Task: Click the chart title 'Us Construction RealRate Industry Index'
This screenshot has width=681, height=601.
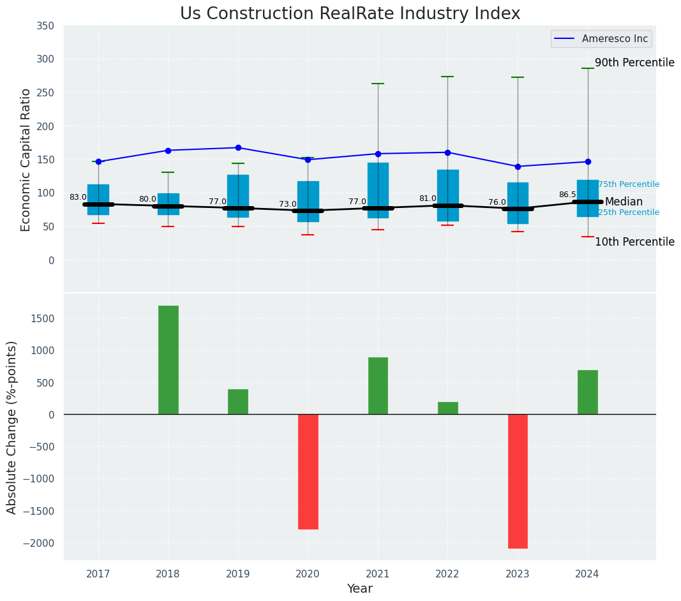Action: click(350, 14)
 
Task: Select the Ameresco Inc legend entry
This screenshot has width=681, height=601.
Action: click(601, 39)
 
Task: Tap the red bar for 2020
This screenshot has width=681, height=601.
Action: click(308, 471)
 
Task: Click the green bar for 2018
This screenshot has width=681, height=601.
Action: click(168, 360)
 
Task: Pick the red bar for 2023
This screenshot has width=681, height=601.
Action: click(518, 481)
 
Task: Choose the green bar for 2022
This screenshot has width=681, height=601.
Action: click(447, 408)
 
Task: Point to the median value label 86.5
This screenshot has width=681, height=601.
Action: click(567, 195)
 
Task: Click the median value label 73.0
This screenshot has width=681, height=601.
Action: click(287, 204)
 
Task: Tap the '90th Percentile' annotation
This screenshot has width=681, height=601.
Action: click(634, 63)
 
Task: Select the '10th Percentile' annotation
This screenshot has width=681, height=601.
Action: click(634, 242)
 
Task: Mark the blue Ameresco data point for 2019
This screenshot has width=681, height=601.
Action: click(238, 147)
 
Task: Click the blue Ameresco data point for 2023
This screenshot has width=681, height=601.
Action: click(518, 167)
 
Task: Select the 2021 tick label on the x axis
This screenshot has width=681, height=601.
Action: click(378, 574)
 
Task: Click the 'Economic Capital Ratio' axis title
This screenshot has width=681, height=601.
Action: click(26, 160)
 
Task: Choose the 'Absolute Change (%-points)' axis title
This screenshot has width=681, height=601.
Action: click(12, 427)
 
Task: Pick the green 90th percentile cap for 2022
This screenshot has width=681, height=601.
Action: click(447, 77)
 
